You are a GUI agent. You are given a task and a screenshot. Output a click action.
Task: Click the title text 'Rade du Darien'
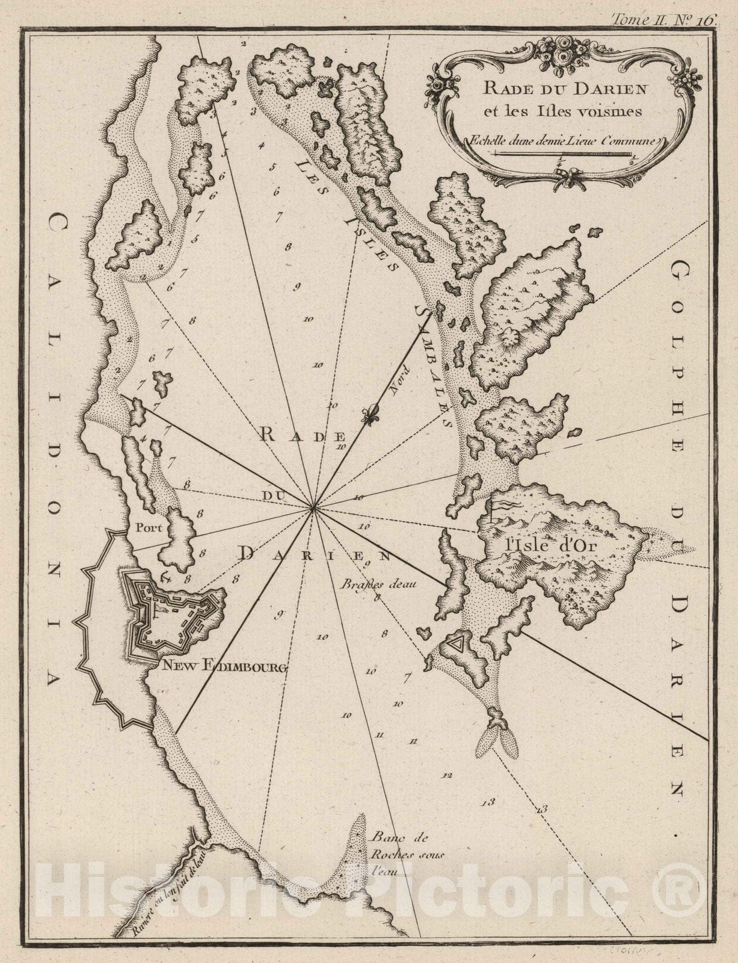pos(555,88)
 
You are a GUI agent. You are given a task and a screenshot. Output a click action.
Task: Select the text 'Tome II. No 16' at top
pos(663,19)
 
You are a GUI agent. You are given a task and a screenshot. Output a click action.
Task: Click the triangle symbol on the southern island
pos(457,645)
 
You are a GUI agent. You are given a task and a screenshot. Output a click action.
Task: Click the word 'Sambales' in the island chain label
pos(435,365)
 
